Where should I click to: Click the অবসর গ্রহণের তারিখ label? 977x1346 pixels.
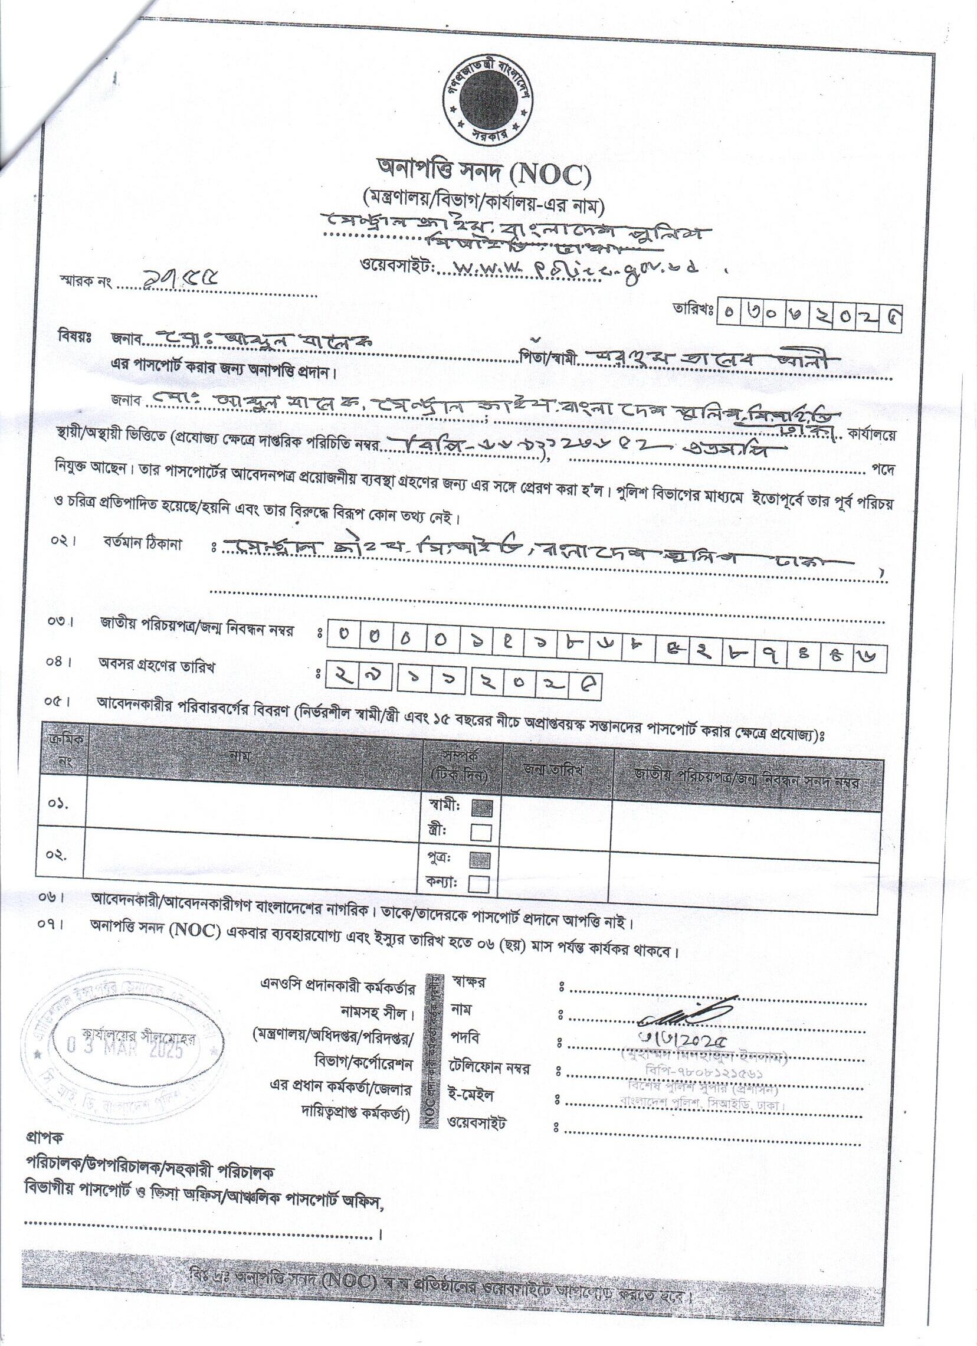tap(156, 666)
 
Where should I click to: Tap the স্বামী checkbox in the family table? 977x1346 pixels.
tap(481, 808)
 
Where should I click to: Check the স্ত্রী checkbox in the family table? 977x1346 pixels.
tap(481, 833)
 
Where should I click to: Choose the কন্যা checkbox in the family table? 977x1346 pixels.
tap(478, 885)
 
